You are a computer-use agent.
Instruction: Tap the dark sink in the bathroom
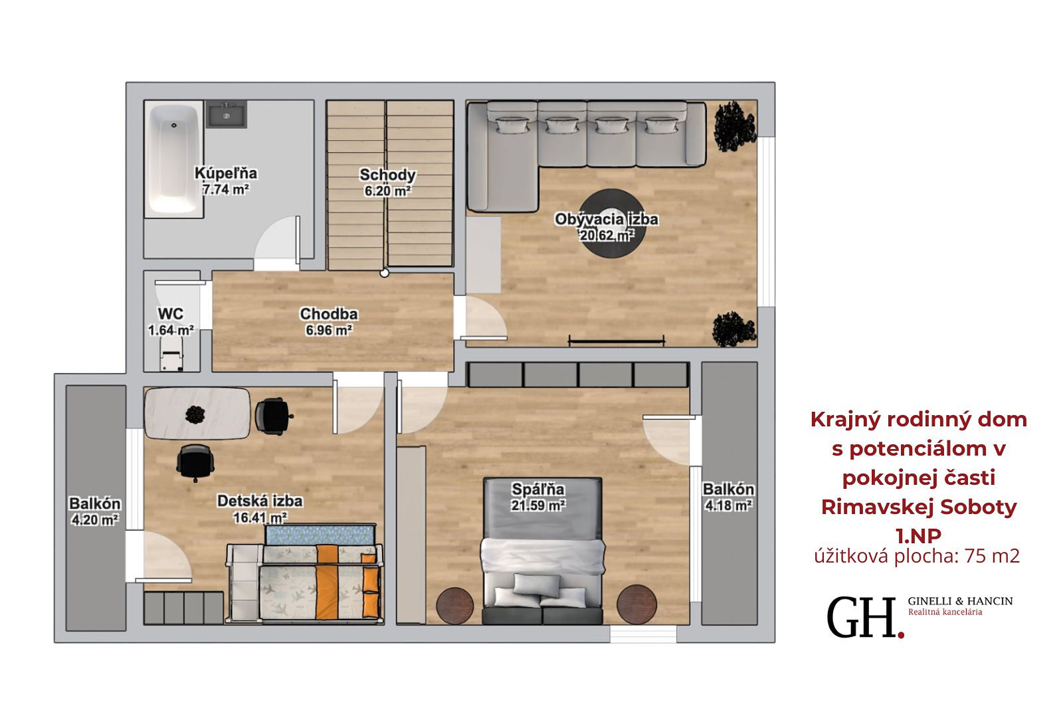(227, 114)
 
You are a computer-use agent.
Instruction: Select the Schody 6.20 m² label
(387, 182)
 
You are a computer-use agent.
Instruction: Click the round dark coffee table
(612, 224)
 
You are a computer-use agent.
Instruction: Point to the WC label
(170, 313)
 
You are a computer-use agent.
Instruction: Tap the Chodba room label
(328, 313)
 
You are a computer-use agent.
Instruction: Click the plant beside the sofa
(734, 126)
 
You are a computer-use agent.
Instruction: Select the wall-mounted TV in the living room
(617, 340)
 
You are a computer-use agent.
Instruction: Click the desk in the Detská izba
(197, 413)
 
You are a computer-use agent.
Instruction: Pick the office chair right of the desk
(273, 416)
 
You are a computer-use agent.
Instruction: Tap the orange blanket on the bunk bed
(327, 581)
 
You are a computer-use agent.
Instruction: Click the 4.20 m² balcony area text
(95, 520)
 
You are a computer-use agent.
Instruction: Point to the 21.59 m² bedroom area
(537, 505)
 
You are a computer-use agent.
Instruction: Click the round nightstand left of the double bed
(455, 606)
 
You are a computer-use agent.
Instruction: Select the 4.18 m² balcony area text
(728, 505)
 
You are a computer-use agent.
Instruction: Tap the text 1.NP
(918, 536)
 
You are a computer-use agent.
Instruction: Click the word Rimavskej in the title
(878, 507)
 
